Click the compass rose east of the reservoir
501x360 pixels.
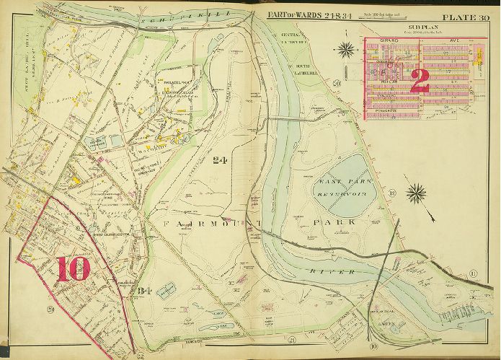pyautogui.click(x=416, y=193)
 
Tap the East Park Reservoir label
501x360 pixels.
pyautogui.click(x=340, y=188)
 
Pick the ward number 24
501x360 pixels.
pyautogui.click(x=221, y=161)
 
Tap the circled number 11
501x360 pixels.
pyautogui.click(x=473, y=272)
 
